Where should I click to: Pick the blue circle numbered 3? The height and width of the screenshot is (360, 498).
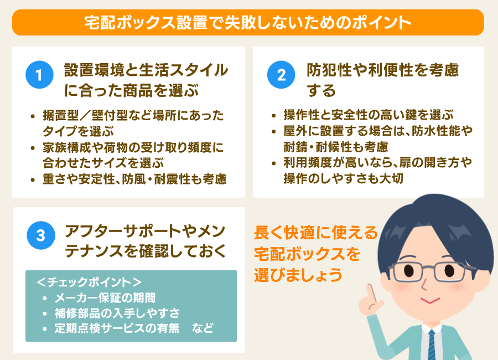39,235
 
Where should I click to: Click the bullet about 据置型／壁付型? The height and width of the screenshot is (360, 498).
133,123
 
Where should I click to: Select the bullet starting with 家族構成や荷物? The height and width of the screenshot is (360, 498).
133,155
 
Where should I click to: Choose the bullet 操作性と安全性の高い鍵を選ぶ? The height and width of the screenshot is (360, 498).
368,115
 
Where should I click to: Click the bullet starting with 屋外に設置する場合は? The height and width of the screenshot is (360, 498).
376,139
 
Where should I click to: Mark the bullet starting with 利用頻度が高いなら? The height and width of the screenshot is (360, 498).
376,171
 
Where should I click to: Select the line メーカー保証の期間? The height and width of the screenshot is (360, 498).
105,297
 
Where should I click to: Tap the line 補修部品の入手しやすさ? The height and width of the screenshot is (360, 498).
117,313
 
